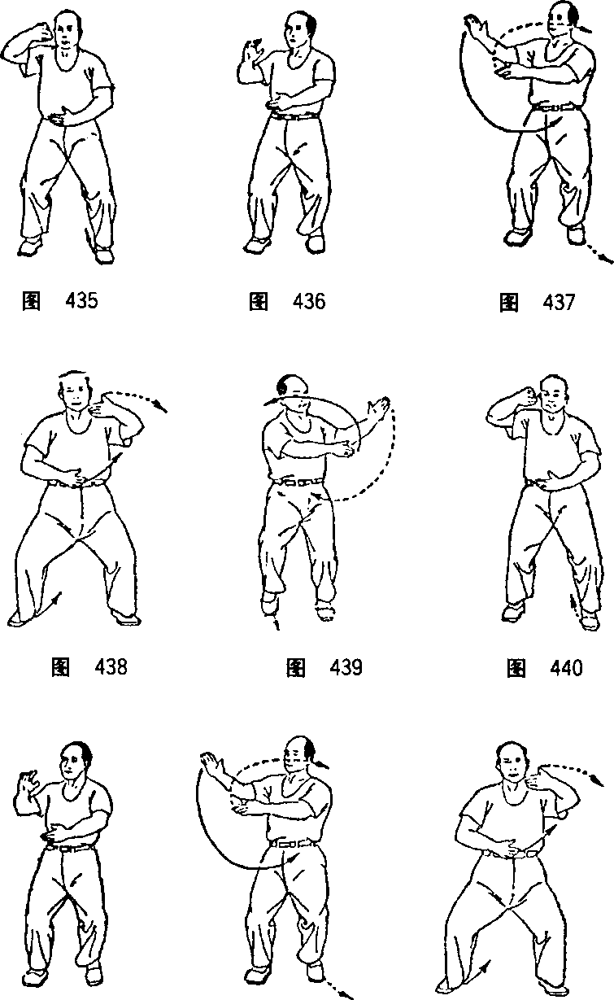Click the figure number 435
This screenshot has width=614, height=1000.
(x=81, y=301)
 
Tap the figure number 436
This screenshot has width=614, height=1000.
(x=309, y=301)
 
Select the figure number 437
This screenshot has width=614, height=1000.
(x=560, y=302)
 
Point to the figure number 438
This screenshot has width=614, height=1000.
(x=111, y=667)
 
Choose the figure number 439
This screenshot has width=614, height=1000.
(x=346, y=667)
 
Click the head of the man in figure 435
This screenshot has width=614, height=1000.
(x=67, y=28)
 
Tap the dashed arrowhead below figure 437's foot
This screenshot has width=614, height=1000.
(x=606, y=260)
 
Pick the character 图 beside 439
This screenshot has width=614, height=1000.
(x=295, y=667)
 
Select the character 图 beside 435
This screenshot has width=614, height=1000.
(x=31, y=301)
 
